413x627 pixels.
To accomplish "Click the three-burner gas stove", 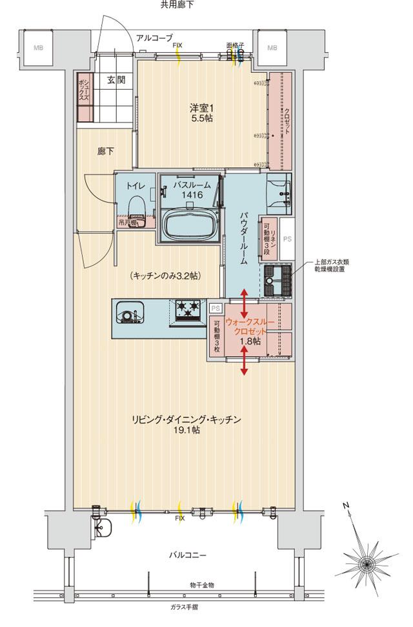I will click(x=188, y=309).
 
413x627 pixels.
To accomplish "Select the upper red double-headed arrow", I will click(x=245, y=301).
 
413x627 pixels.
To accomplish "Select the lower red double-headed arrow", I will click(x=245, y=359).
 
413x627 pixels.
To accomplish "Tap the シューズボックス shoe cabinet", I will click(x=84, y=98).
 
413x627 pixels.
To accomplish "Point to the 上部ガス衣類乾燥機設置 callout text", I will click(x=337, y=266).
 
